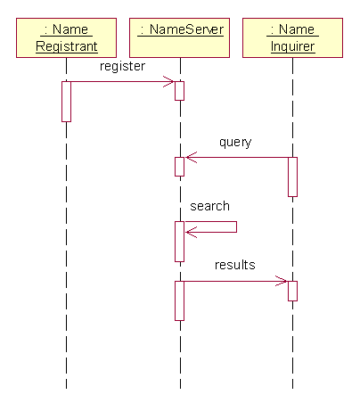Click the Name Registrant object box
tap(66, 37)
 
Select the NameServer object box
tap(179, 37)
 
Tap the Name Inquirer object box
tap(292, 37)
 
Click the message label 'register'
tap(122, 67)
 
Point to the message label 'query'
tap(235, 142)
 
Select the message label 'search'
tap(209, 206)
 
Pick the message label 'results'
tap(235, 265)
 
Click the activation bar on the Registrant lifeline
tap(66, 102)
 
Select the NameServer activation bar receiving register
tap(179, 91)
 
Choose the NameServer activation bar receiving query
tap(179, 167)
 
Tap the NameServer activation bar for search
tap(179, 242)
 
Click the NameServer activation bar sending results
tap(179, 300)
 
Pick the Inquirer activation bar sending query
tap(292, 177)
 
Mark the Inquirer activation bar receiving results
tap(292, 291)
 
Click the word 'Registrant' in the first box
tap(67, 46)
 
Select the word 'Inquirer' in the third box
tap(293, 46)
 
